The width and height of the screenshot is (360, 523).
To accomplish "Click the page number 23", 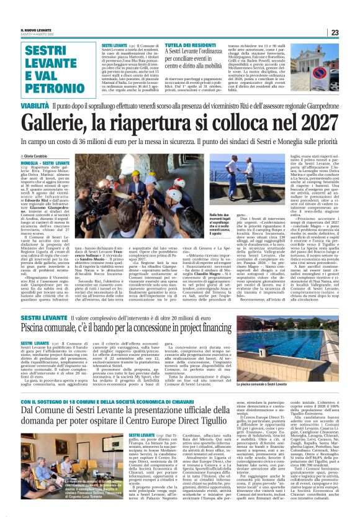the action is point(351,33).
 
